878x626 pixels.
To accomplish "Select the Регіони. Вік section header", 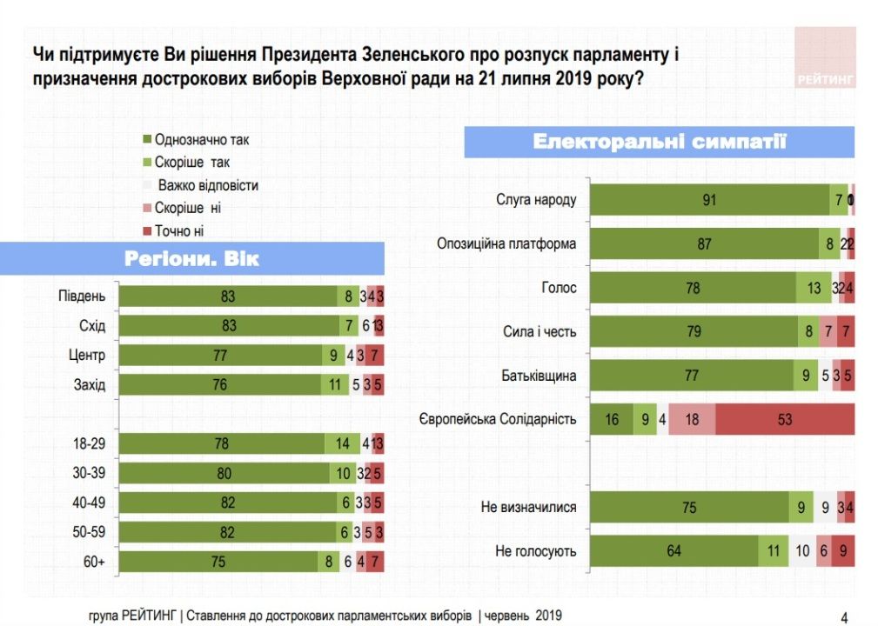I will [191, 259].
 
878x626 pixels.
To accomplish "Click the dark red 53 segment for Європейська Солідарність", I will [785, 419].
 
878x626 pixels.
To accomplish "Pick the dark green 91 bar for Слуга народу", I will [709, 200].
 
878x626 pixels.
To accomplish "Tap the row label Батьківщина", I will [539, 376].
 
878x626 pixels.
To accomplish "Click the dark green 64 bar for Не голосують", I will [674, 551].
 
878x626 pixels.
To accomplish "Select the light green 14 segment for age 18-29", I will [343, 443].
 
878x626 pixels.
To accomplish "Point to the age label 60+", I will [94, 563].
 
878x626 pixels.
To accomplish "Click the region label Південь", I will [82, 296].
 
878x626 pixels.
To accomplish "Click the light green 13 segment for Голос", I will [814, 288].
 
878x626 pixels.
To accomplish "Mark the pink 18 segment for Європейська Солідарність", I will [693, 419].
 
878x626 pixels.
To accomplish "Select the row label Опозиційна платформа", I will [506, 243].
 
